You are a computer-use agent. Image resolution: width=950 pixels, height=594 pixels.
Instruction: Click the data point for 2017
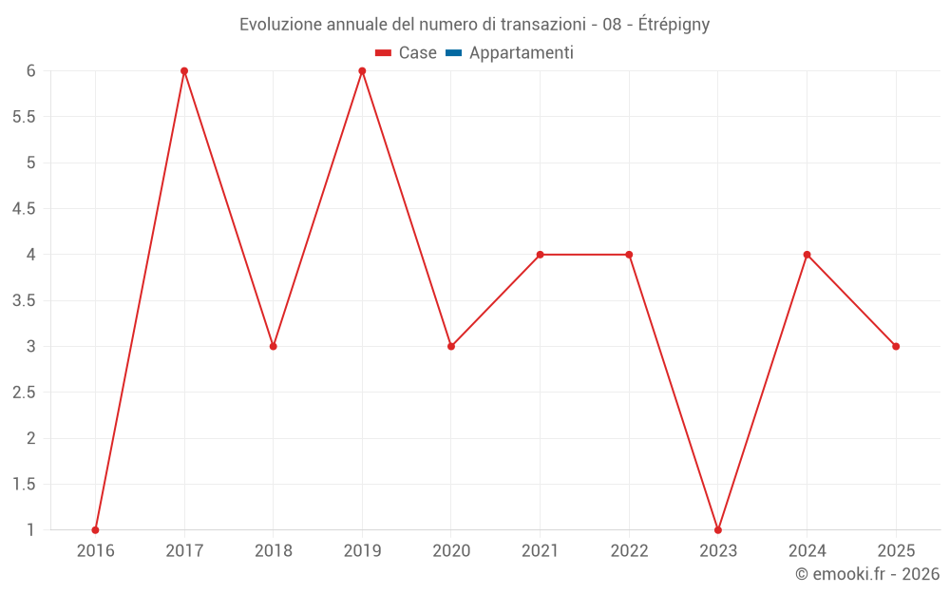click(x=184, y=71)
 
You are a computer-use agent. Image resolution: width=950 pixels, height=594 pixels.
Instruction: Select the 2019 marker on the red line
click(x=362, y=71)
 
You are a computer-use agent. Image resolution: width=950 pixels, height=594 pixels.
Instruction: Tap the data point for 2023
click(x=718, y=529)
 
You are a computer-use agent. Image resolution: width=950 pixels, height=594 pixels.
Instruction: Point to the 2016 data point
click(x=95, y=529)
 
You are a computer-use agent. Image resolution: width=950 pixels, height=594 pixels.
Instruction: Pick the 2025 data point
click(x=896, y=346)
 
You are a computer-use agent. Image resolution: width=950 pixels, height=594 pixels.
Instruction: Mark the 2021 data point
click(x=540, y=255)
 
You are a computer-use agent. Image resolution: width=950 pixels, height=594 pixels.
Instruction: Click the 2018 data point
click(x=274, y=346)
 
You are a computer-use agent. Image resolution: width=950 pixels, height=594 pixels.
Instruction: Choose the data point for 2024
click(x=807, y=255)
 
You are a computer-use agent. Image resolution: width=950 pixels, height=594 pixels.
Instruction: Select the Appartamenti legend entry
click(x=521, y=53)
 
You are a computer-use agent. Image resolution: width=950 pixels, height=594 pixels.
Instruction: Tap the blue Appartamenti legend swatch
click(x=453, y=53)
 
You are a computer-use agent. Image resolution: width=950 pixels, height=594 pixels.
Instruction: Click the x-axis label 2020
click(x=451, y=550)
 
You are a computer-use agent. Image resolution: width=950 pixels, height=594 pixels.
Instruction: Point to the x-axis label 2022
click(x=629, y=550)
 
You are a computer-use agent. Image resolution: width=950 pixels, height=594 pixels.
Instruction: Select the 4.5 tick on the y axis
click(x=24, y=209)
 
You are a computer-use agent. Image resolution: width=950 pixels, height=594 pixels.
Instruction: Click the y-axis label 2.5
click(x=24, y=393)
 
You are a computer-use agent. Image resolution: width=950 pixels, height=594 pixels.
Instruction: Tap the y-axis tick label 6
click(x=31, y=71)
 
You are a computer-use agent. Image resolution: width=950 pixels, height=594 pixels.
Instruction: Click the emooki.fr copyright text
click(x=867, y=573)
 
